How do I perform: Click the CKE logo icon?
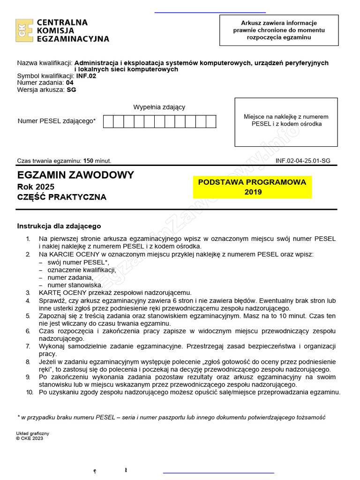[x=24, y=30]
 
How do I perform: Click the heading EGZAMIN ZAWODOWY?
[x=75, y=175]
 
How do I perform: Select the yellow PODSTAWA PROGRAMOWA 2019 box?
[x=252, y=187]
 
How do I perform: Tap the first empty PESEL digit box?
[x=108, y=121]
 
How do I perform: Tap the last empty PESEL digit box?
[x=211, y=121]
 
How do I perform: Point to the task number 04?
[x=70, y=83]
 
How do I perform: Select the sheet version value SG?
[x=71, y=90]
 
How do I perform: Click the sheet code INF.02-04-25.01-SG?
[x=303, y=161]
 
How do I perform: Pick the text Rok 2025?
[x=35, y=187]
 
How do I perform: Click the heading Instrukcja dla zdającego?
[x=59, y=226]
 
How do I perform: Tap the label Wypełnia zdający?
[x=159, y=107]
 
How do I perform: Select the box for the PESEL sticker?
[x=286, y=122]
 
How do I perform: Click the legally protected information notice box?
[x=279, y=30]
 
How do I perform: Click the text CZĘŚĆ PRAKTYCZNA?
[x=61, y=197]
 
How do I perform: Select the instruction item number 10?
[x=30, y=392]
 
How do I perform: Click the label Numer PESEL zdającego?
[x=56, y=121]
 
